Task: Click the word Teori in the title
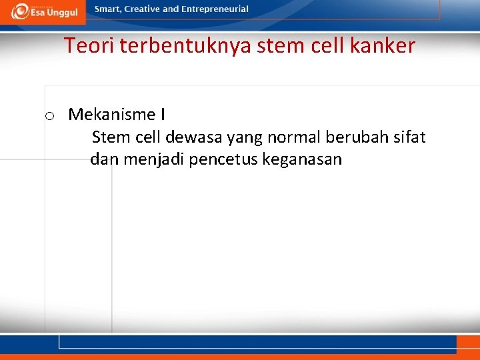85,46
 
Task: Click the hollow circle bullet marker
49,116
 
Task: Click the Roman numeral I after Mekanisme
163,115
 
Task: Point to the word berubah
354,138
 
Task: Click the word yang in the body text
245,138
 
